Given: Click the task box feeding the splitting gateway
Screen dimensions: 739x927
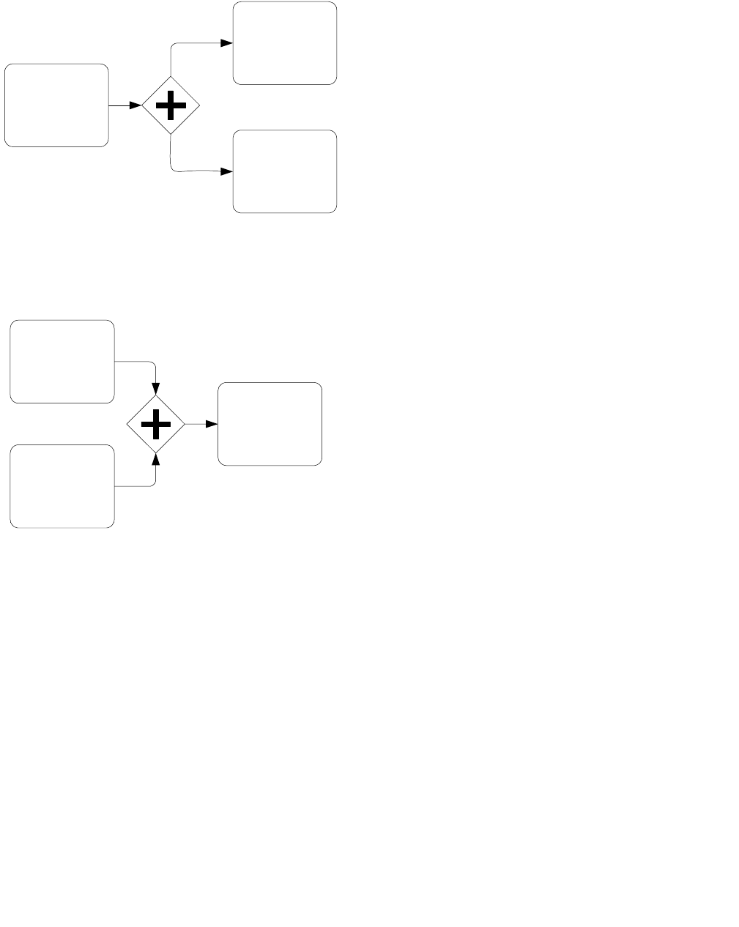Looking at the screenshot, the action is [56, 105].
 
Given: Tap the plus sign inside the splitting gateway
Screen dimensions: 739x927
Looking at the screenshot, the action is [171, 106].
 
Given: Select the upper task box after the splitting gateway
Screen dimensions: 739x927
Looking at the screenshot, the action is [285, 43].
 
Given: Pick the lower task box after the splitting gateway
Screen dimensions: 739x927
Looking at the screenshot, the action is [285, 171].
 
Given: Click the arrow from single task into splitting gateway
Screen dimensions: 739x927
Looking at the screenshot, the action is [125, 105].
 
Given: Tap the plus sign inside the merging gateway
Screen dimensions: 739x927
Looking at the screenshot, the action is [156, 424].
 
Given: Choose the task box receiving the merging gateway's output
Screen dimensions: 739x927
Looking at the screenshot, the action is [270, 424].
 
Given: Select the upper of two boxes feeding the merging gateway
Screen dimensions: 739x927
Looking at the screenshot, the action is [62, 361].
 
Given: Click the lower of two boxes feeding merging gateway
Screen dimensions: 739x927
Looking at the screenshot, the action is [62, 486].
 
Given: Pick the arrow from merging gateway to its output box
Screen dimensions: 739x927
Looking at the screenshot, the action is [201, 424].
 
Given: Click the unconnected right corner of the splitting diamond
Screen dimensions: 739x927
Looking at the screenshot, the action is [198, 106].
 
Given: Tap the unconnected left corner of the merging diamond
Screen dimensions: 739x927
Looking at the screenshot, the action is [127, 424].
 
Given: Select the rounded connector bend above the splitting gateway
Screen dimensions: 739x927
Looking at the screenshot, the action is [173, 46].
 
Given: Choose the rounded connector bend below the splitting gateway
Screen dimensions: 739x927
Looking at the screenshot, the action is [173, 169].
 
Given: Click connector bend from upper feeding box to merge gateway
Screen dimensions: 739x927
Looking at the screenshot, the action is [154, 363].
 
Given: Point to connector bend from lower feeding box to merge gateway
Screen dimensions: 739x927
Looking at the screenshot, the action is [154, 484].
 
